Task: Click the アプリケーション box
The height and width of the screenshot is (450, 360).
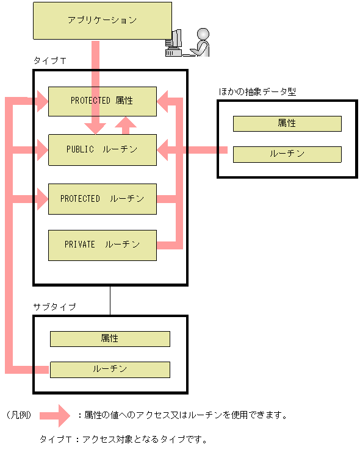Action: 103,20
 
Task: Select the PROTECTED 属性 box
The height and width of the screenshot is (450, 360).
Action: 102,101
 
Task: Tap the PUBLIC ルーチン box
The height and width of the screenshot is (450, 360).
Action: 102,149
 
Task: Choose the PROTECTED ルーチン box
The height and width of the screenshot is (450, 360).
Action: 102,199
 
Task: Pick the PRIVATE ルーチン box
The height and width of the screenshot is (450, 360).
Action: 102,245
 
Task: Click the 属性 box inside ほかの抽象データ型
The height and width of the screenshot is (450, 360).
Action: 287,123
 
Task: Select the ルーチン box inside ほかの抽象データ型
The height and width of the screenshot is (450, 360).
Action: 287,154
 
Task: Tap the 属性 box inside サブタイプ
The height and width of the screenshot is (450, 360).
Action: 110,338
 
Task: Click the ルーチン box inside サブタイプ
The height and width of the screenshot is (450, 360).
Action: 110,369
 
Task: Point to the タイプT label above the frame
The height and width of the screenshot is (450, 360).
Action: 50,62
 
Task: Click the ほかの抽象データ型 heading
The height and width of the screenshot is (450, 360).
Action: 257,91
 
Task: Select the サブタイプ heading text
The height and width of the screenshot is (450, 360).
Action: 55,307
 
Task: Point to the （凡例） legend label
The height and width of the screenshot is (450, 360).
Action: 20,415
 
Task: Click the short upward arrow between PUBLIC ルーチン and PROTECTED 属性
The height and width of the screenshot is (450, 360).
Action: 127,125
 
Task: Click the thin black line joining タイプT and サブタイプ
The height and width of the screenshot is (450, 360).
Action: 110,299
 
